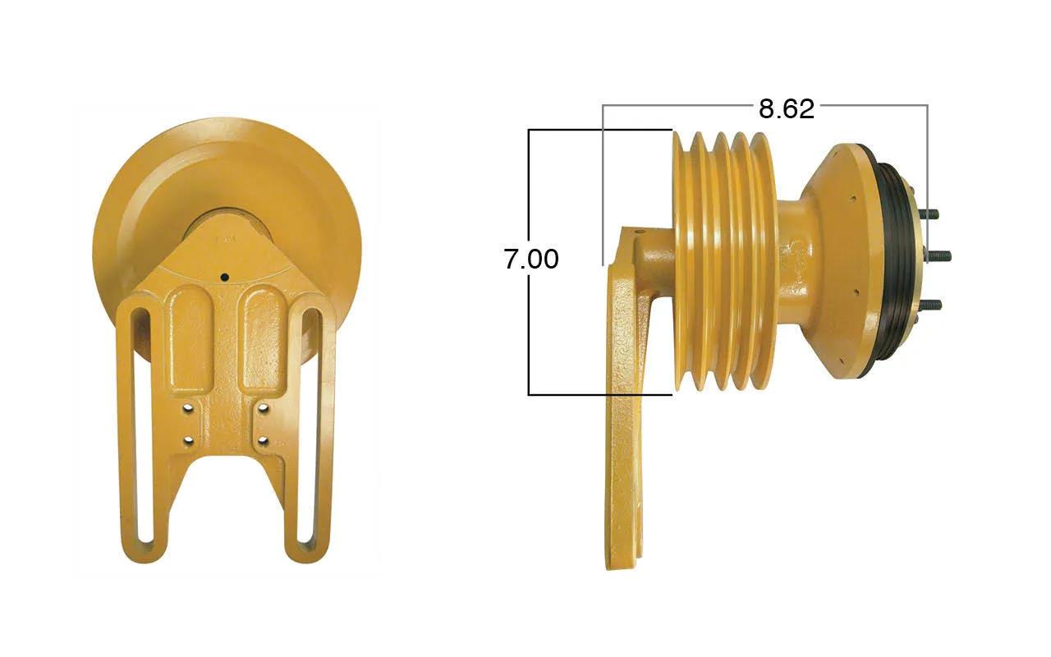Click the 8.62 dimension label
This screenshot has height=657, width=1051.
pyautogui.click(x=787, y=109)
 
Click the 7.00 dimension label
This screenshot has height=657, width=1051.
pyautogui.click(x=531, y=259)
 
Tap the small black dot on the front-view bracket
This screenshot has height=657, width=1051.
pyautogui.click(x=225, y=278)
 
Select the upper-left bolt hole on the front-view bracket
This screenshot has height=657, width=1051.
pyautogui.click(x=189, y=408)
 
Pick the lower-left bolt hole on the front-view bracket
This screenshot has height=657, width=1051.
pyautogui.click(x=189, y=441)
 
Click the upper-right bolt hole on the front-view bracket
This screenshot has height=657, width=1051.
pyautogui.click(x=264, y=408)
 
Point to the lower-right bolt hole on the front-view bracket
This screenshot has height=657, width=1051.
pyautogui.click(x=264, y=441)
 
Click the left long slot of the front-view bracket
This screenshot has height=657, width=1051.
pyautogui.click(x=142, y=430)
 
